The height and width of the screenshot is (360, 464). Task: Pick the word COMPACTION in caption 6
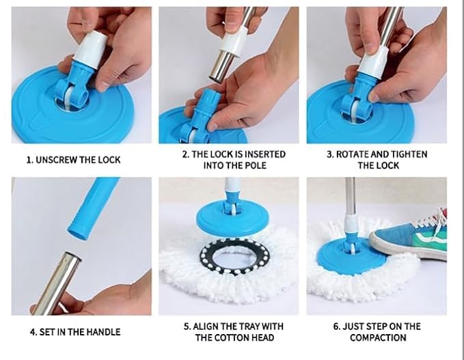point(378,337)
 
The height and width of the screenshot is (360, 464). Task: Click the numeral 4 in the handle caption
point(33,332)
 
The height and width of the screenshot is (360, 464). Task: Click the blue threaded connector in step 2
point(204,109)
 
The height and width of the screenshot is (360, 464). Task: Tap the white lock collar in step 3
point(373,61)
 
